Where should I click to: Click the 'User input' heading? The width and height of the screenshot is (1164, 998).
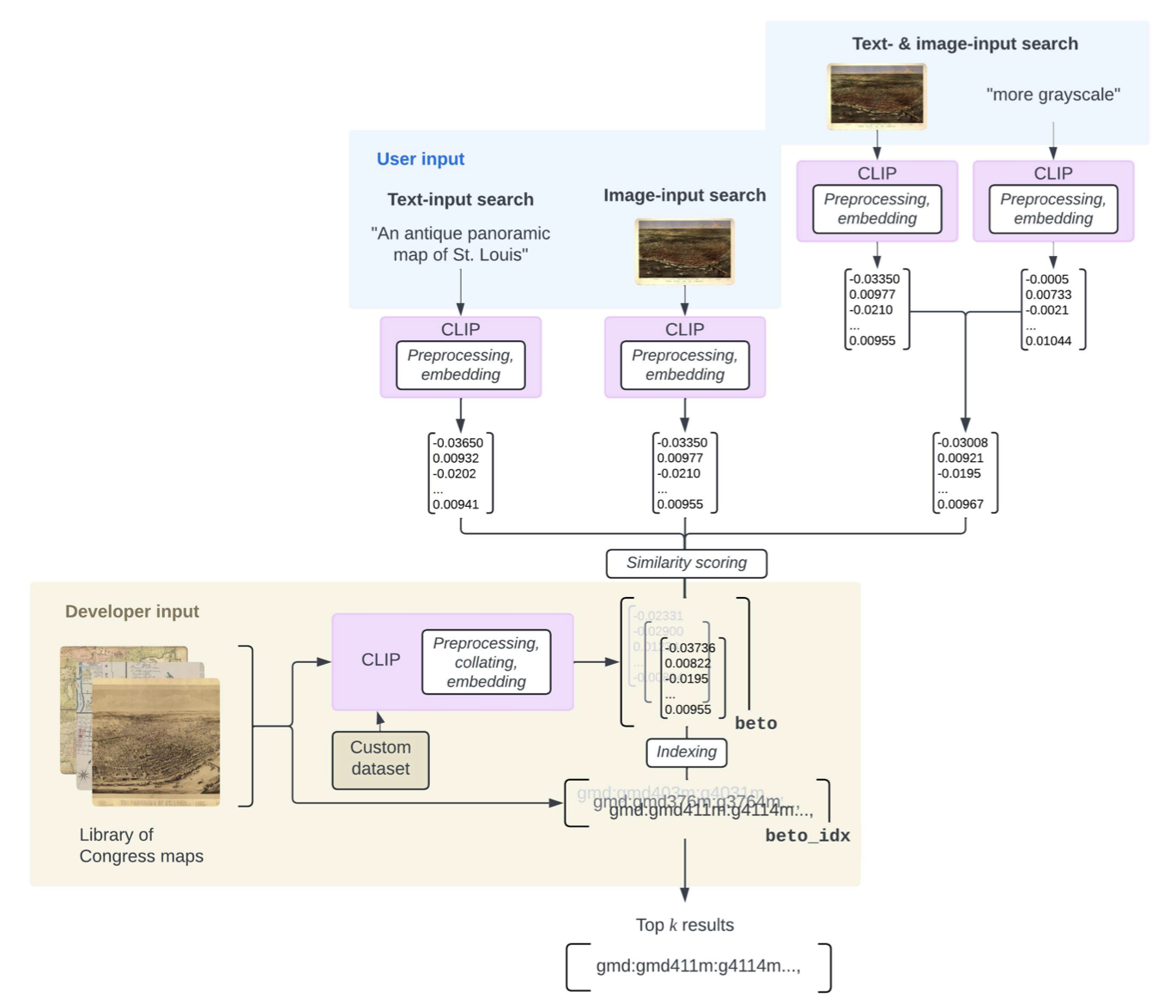point(420,159)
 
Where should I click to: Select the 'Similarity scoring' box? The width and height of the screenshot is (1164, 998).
point(686,563)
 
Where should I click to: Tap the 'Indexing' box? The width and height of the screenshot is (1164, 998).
point(686,752)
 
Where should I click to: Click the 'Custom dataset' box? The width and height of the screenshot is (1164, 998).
point(380,759)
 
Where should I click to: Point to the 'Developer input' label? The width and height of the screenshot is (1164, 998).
point(131,612)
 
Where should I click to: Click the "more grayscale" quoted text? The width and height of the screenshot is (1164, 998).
point(1052,94)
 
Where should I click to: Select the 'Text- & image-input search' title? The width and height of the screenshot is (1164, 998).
point(964,44)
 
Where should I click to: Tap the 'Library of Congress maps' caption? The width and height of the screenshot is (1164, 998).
point(141,845)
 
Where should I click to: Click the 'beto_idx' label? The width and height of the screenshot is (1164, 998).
point(807,836)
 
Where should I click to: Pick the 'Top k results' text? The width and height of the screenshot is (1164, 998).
point(684,925)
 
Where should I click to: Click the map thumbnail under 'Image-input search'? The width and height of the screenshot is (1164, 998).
point(684,251)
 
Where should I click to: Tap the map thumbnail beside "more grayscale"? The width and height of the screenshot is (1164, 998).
point(876,96)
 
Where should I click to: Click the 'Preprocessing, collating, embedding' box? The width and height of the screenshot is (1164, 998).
point(486,662)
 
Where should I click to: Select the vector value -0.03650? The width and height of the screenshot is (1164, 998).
point(458,443)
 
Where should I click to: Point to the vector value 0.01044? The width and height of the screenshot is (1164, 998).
point(1048,341)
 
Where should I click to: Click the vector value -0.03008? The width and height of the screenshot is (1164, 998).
point(962,443)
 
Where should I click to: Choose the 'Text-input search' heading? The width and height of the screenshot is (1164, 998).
point(460,199)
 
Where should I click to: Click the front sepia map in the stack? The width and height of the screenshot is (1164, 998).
point(155,742)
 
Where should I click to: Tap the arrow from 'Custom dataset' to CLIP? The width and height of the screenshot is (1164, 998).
point(380,721)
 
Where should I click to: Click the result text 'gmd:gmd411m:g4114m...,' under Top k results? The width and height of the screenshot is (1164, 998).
point(698,966)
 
